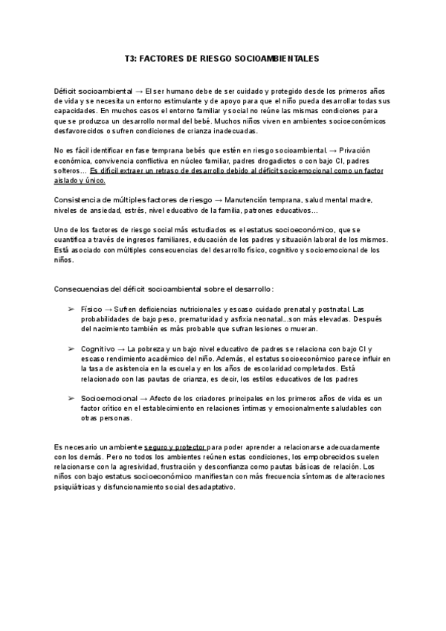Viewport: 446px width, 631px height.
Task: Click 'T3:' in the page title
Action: [x=132, y=57]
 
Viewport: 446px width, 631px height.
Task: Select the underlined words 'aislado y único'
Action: [x=80, y=180]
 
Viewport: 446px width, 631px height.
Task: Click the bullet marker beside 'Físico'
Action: [x=71, y=309]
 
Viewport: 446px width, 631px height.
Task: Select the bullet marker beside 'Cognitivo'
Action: [x=71, y=348]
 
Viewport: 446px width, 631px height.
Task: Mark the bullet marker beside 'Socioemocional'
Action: [x=71, y=398]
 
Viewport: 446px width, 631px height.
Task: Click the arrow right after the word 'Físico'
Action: [x=107, y=309]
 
